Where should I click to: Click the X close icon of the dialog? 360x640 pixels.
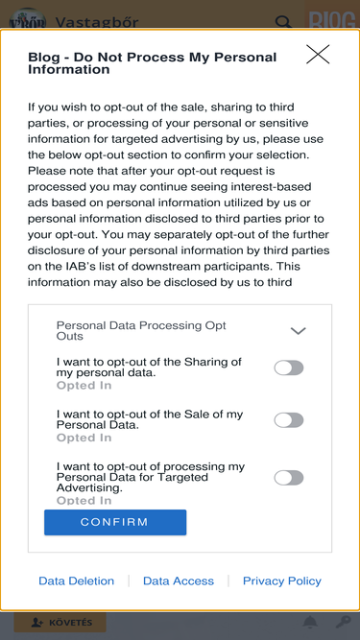[x=318, y=54]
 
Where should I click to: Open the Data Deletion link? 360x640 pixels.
[x=77, y=581]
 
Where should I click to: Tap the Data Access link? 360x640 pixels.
[x=179, y=581]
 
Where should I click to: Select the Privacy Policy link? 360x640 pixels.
[x=282, y=581]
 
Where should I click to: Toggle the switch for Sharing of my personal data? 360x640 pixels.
[x=289, y=367]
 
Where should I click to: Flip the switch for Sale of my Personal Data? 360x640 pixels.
[x=289, y=420]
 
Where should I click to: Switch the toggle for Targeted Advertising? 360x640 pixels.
[x=289, y=478]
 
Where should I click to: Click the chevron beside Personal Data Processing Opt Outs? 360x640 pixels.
[x=298, y=331]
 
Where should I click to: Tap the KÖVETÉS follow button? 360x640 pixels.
[x=60, y=623]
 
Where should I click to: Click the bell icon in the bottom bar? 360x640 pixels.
[x=310, y=622]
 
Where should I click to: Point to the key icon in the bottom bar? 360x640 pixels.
[x=343, y=622]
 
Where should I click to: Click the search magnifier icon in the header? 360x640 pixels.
[x=283, y=22]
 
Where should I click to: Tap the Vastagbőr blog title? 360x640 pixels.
[x=97, y=22]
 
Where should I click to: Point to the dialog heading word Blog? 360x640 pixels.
[x=43, y=58]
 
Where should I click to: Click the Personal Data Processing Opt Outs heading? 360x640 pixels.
[x=141, y=331]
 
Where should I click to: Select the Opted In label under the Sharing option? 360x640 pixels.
[x=84, y=386]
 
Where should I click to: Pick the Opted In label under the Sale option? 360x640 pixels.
[x=84, y=438]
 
